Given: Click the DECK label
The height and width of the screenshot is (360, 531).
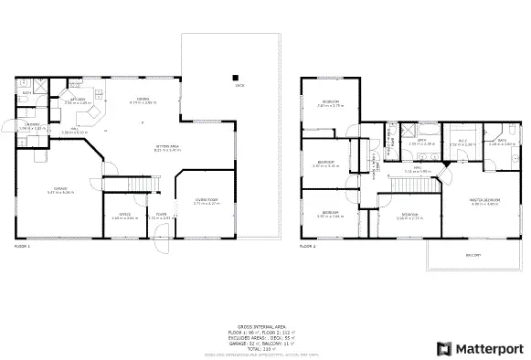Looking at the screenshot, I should tap(239, 86).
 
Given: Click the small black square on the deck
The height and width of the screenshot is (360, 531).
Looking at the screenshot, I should tap(234, 77).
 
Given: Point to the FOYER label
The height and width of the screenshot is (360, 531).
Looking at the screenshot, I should tap(161, 216).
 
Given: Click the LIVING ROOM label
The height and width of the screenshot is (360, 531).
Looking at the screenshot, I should tap(206, 199).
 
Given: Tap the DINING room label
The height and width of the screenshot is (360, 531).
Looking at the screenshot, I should tap(143, 100).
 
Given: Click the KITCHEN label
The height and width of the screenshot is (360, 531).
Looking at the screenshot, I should tap(77, 100).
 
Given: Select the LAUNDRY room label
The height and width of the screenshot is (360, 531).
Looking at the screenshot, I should tap(32, 125).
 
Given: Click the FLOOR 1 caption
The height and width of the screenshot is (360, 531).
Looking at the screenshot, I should tap(22, 247).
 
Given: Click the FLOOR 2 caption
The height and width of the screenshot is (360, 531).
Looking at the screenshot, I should tap(308, 247).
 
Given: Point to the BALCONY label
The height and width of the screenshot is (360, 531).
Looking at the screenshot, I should tap(473, 255).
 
